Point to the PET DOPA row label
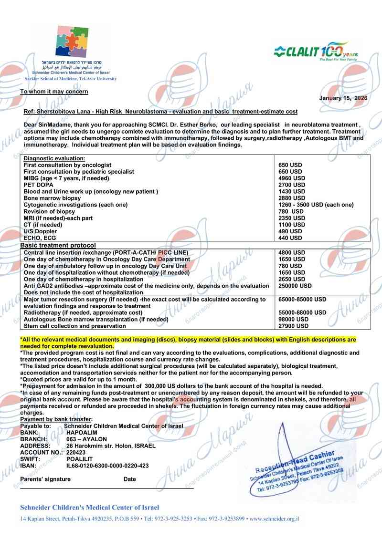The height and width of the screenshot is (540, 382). pyautogui.click(x=39, y=185)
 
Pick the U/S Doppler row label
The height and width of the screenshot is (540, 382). pyautogui.click(x=40, y=231)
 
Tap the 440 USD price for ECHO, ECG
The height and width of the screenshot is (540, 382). pyautogui.click(x=290, y=238)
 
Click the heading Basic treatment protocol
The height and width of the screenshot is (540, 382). pyautogui.click(x=58, y=245)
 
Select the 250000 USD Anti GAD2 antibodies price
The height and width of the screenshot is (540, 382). pyautogui.click(x=295, y=286)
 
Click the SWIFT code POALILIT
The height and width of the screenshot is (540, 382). pyautogui.click(x=80, y=459)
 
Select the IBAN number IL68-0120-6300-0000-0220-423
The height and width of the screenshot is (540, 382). pyautogui.click(x=107, y=466)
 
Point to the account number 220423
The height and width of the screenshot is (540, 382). pyautogui.click(x=76, y=452)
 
